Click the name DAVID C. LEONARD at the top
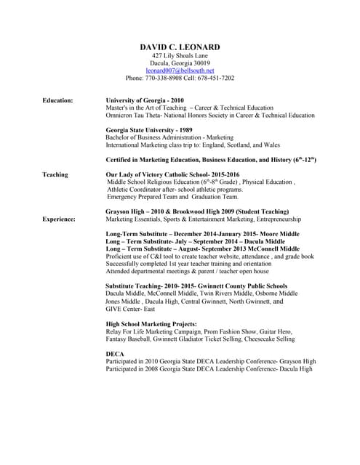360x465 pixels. (180, 47)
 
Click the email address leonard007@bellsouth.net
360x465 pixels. (180, 70)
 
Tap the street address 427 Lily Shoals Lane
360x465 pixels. (180, 56)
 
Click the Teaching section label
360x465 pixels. (55, 174)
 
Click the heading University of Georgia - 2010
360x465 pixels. (145, 100)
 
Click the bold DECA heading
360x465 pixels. (115, 354)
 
